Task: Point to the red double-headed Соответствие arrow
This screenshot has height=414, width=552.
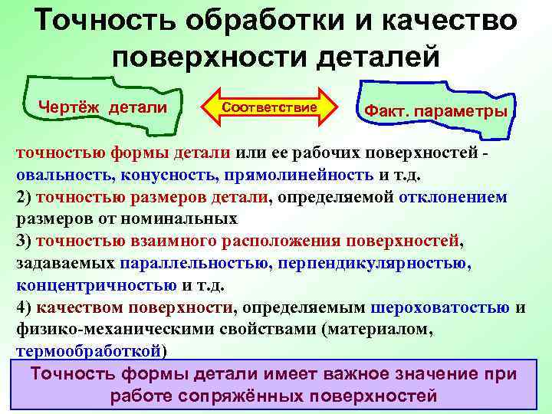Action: click(x=269, y=107)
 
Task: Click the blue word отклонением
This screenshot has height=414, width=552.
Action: click(x=452, y=196)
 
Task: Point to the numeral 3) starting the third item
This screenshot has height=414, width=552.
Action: click(x=24, y=241)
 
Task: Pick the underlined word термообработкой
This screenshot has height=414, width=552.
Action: click(x=88, y=352)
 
